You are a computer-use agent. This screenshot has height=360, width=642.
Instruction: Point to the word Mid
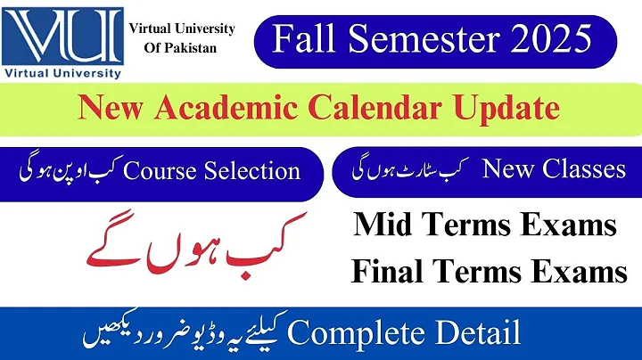coord(383,225)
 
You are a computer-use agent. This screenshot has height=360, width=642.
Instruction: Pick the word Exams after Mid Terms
coord(572,225)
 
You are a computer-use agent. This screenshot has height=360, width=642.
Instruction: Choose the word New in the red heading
coord(109,109)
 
